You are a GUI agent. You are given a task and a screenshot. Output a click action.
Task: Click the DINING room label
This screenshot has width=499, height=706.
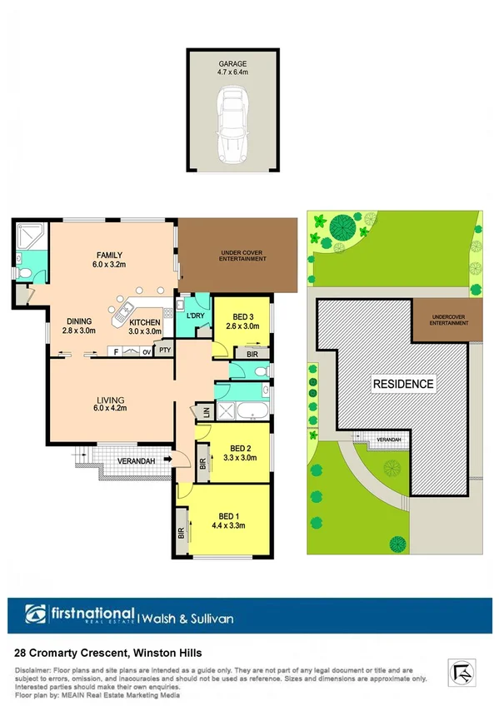pos(79,323)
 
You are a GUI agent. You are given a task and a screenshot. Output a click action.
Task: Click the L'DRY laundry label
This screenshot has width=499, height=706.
pos(196,317)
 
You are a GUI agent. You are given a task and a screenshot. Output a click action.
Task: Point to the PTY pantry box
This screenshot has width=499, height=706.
pos(165,351)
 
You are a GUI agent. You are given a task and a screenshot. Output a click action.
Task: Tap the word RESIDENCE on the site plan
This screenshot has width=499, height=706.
pos(403,384)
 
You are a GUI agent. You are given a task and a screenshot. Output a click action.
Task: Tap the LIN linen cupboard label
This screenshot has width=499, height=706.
pos(204,412)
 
